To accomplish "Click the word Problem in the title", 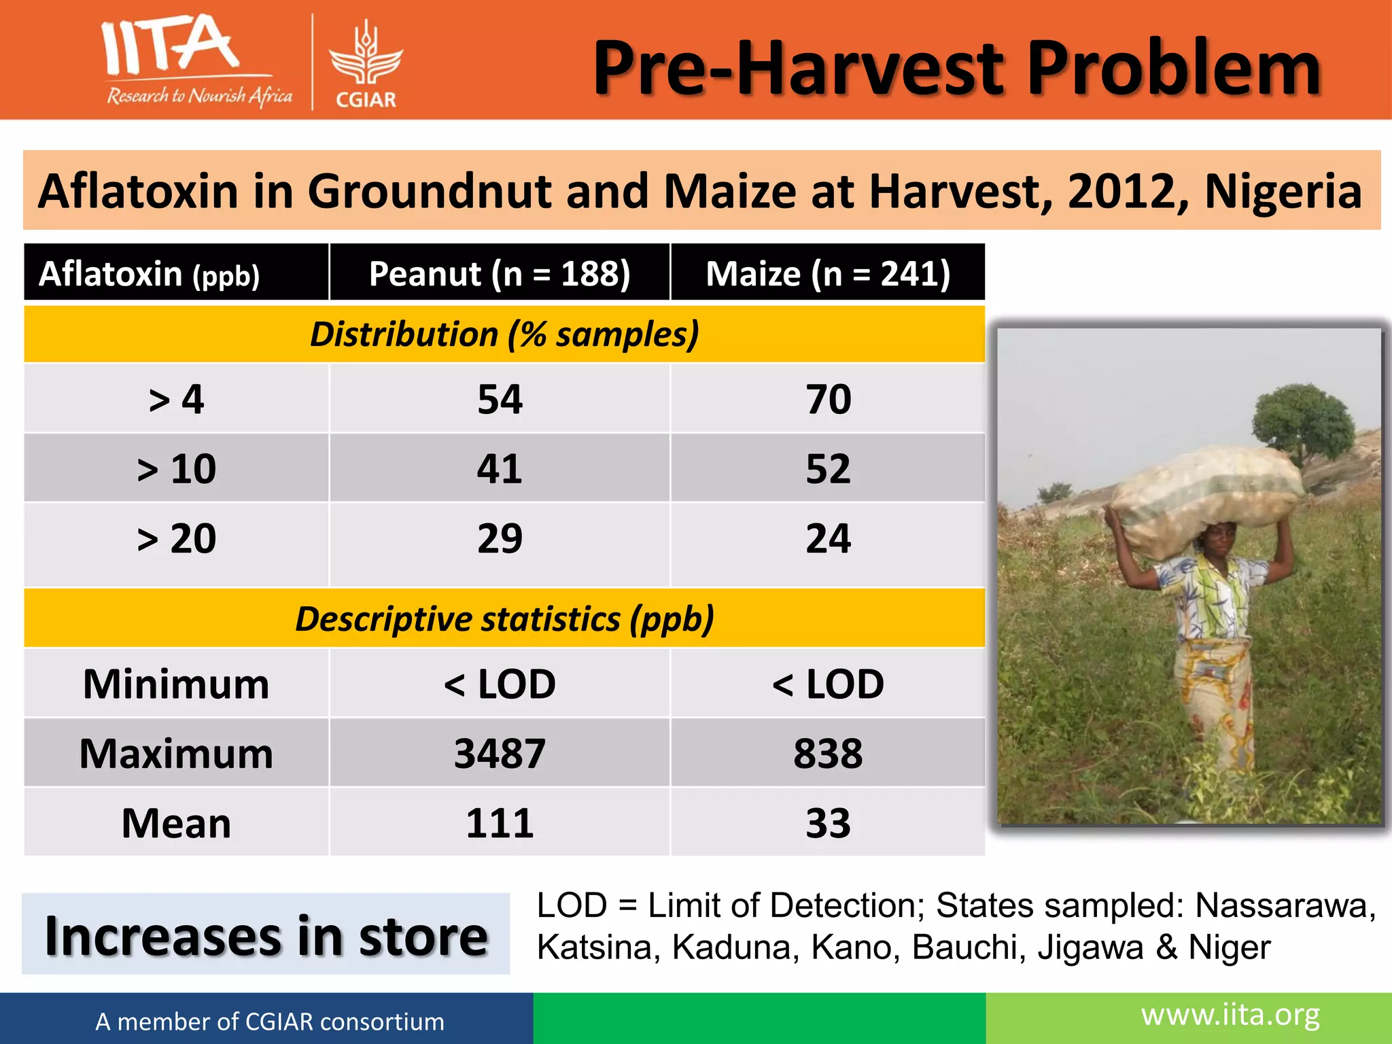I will (x=1173, y=68).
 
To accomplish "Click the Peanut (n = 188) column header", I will (x=500, y=273).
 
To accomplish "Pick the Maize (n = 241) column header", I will (x=827, y=273).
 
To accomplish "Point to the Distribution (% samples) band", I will (x=504, y=334).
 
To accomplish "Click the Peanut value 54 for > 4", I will (x=500, y=399).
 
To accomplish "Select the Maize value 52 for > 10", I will (x=827, y=468).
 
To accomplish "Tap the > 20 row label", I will (x=176, y=538).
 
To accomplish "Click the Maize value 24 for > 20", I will (x=827, y=538).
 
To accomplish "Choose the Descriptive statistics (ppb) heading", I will (x=504, y=619).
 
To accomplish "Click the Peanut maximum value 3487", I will (x=500, y=753).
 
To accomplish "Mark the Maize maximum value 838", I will (x=827, y=753).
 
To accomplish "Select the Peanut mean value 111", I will (x=500, y=823).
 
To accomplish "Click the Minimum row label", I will (x=176, y=684).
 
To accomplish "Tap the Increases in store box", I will (x=266, y=935).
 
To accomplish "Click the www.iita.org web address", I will (x=1230, y=1015).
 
